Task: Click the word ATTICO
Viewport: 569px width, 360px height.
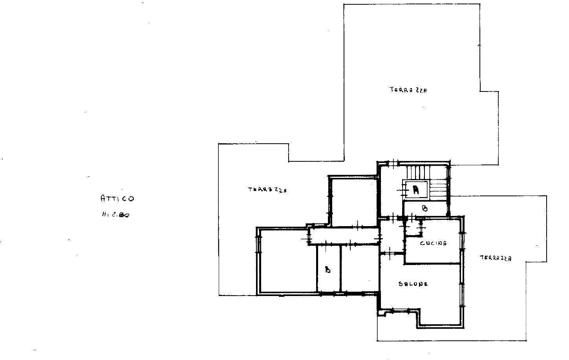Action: point(117,198)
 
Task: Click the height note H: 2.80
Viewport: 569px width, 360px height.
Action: point(115,215)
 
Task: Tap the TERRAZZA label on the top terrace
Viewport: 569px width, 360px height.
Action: point(408,90)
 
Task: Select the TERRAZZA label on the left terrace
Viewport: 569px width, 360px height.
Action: point(267,190)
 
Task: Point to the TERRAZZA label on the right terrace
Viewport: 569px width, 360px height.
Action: point(495,258)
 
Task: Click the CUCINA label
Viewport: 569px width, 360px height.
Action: point(433,243)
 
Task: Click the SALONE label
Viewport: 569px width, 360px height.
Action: point(413,284)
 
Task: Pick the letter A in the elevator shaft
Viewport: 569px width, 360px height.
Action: point(416,190)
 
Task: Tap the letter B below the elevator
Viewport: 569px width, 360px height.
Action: point(424,209)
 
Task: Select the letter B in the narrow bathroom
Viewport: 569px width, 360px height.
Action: point(328,270)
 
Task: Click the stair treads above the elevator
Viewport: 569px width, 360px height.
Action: point(418,172)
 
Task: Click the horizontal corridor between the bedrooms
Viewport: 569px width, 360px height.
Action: point(344,237)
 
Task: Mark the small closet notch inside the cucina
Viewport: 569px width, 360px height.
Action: point(412,228)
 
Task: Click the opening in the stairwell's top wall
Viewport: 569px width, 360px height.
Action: point(392,163)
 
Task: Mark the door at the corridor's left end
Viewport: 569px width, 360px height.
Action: point(309,237)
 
